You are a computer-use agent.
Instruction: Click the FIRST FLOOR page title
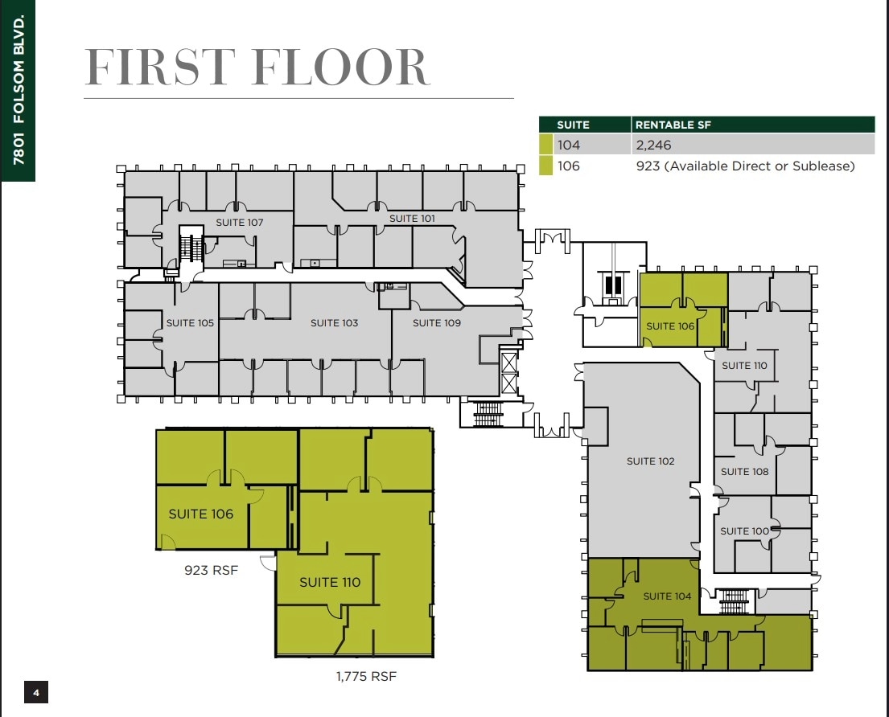[x=257, y=68]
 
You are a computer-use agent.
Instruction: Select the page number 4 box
[x=36, y=691]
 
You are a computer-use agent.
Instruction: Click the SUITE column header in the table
[x=573, y=125]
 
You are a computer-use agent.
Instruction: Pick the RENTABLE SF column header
[x=673, y=125]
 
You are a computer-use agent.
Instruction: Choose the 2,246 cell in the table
[x=653, y=145]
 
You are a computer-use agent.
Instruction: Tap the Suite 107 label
[x=239, y=222]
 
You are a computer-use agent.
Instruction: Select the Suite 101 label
[x=412, y=219]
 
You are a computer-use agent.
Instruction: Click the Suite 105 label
[x=190, y=322]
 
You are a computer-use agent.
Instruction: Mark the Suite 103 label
[x=334, y=322]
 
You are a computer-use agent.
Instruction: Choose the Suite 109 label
[x=437, y=322]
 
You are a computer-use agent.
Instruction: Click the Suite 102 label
[x=650, y=461]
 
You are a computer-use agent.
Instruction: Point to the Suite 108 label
[x=744, y=472]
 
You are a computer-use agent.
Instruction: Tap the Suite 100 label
[x=744, y=531]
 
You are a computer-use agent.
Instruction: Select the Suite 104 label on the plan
[x=667, y=596]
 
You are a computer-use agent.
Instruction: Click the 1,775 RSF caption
[x=366, y=677]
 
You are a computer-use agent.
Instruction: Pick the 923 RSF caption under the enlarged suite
[x=211, y=572]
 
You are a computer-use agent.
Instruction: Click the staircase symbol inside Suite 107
[x=189, y=246]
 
